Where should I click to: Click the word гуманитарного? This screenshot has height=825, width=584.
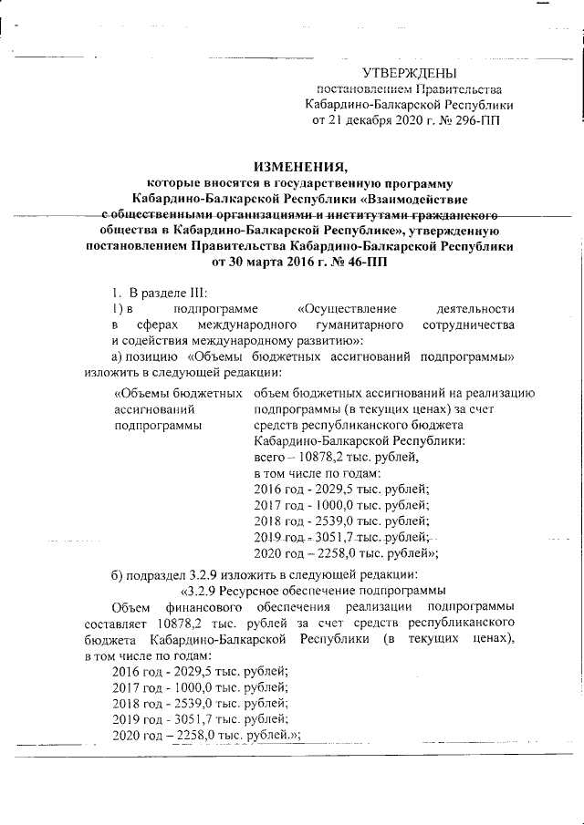[x=365, y=325]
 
